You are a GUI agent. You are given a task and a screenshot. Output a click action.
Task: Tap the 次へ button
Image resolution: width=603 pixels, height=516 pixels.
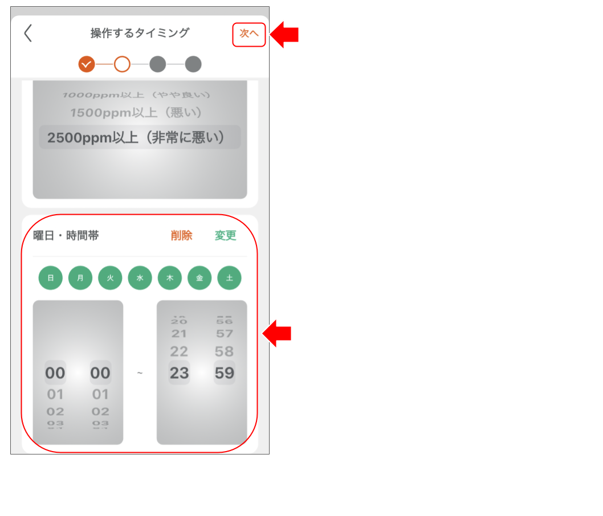[249, 34]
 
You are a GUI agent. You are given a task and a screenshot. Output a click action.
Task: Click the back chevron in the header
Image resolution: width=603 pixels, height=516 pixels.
[28, 34]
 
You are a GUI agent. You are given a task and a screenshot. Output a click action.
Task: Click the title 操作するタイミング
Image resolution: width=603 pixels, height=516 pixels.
[140, 34]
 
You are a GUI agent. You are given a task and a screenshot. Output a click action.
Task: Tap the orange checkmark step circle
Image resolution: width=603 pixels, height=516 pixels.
[87, 64]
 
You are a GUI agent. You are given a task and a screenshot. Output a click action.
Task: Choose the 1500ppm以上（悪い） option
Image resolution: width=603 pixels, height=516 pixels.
[137, 113]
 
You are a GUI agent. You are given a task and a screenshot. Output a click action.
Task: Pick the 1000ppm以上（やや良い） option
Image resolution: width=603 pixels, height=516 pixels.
[137, 95]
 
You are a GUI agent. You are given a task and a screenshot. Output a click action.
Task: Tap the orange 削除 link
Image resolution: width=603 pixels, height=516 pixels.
[181, 236]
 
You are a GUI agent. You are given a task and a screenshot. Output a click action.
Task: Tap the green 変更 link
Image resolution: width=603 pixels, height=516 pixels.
[225, 236]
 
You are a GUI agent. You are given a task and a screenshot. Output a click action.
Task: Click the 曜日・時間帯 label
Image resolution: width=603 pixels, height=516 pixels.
[66, 236]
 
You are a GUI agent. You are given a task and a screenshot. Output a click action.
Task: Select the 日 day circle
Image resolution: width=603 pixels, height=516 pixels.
[51, 278]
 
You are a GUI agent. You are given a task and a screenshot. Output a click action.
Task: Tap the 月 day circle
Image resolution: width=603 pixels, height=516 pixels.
[80, 278]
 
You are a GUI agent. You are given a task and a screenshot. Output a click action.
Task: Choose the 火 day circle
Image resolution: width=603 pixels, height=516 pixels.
[110, 278]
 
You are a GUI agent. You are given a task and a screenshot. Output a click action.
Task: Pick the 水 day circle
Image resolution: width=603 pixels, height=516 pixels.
[140, 278]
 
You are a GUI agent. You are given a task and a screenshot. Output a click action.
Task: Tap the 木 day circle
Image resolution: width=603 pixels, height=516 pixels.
[170, 278]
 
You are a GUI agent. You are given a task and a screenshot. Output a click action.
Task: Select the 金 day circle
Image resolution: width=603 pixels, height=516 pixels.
[199, 278]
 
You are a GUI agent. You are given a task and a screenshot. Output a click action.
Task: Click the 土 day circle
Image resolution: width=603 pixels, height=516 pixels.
[229, 278]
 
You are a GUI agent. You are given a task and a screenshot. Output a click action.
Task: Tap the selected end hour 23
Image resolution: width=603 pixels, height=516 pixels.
[179, 373]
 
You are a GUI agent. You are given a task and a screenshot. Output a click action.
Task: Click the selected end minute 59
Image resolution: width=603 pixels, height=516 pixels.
[225, 373]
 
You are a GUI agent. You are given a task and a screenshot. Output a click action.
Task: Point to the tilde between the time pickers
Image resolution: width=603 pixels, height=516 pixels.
[140, 373]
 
